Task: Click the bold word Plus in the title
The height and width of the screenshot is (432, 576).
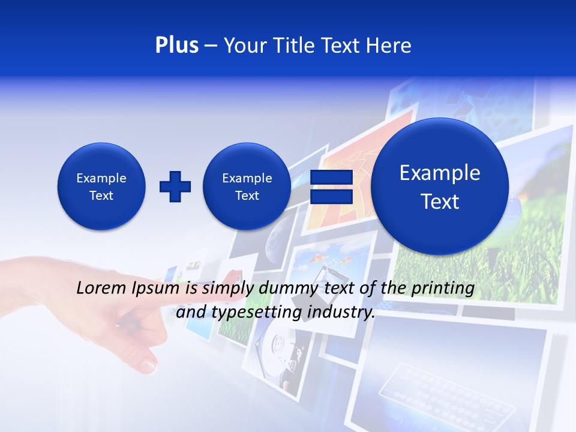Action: (x=176, y=45)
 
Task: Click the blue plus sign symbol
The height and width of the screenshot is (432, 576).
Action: (x=175, y=187)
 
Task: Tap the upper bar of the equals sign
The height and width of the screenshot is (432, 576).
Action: (x=331, y=178)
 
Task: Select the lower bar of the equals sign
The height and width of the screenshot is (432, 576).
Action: (x=331, y=197)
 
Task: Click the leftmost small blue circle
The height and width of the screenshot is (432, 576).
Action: (x=101, y=187)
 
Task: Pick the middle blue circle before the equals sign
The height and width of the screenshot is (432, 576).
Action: (x=247, y=187)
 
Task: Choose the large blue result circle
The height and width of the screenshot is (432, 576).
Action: (x=440, y=187)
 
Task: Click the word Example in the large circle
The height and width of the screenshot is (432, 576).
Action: (x=440, y=173)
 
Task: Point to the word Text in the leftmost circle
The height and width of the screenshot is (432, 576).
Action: (x=101, y=196)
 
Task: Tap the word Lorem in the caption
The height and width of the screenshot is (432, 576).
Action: (x=102, y=289)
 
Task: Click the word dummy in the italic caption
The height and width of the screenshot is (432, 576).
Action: (x=290, y=289)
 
